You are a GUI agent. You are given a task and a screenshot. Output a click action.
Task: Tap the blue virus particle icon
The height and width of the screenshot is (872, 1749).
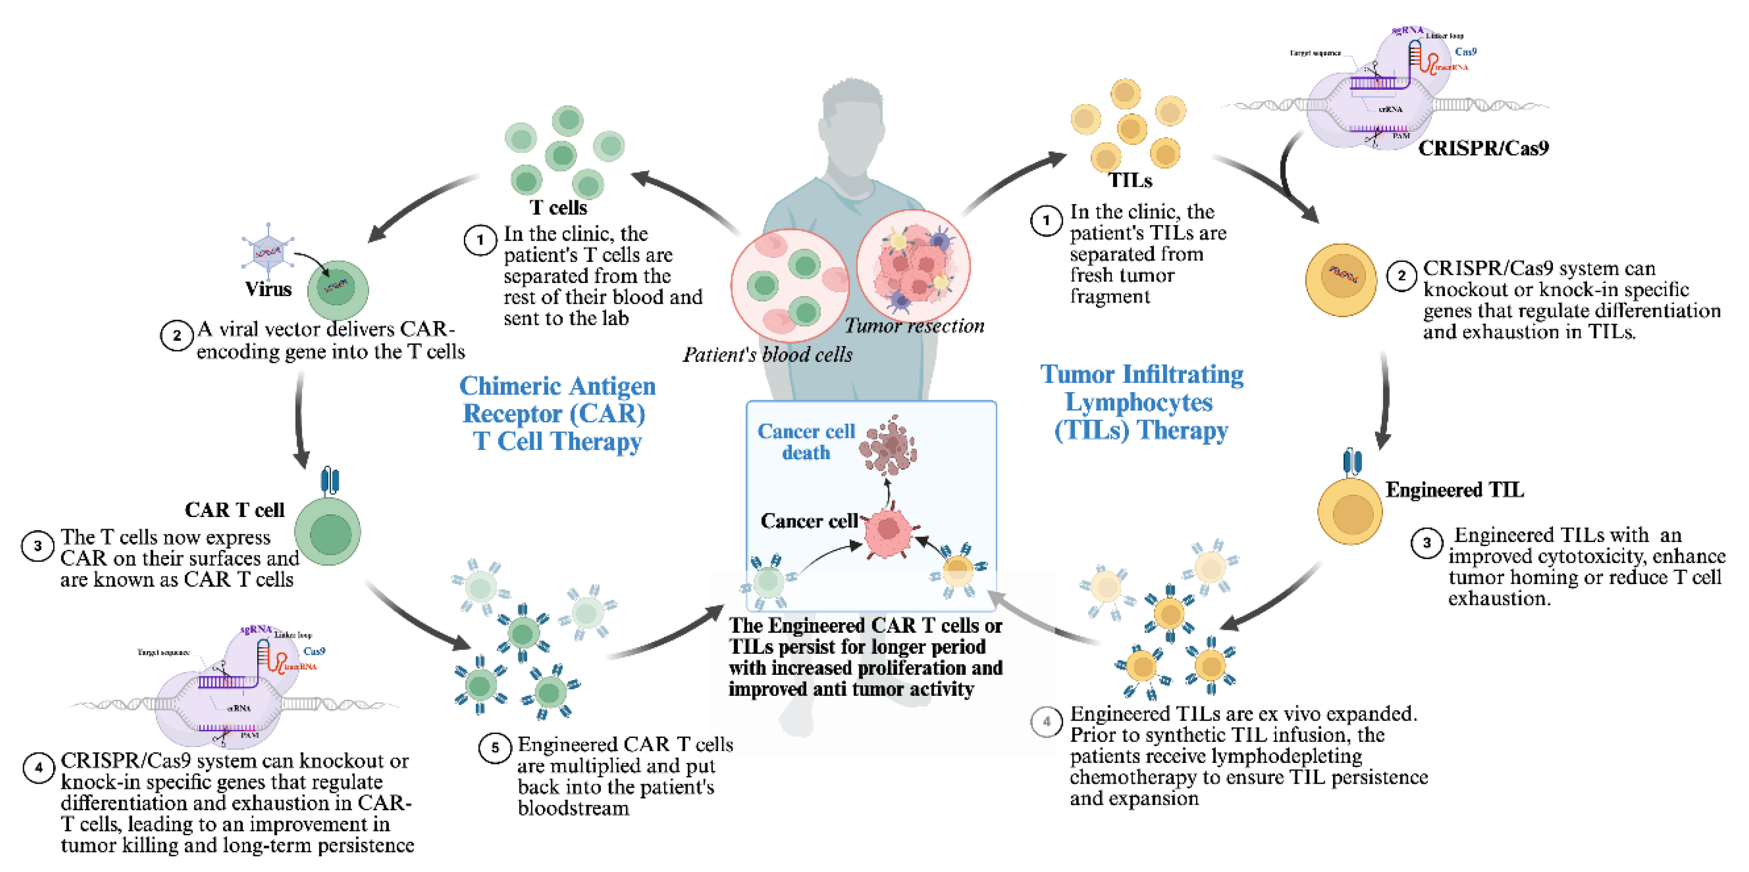click(x=268, y=252)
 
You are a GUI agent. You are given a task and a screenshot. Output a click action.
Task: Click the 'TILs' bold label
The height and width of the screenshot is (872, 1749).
click(x=1130, y=180)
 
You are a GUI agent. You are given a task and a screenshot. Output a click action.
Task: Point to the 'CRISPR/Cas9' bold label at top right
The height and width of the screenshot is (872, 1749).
click(x=1484, y=148)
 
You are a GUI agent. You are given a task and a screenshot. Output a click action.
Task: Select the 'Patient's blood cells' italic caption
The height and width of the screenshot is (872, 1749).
click(x=767, y=354)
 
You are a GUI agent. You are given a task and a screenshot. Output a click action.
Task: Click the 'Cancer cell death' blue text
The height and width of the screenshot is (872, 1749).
click(x=806, y=442)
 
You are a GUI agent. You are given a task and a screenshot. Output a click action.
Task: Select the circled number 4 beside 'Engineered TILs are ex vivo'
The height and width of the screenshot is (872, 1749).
click(x=1046, y=722)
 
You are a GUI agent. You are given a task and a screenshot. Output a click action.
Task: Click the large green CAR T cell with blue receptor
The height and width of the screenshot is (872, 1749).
click(x=329, y=531)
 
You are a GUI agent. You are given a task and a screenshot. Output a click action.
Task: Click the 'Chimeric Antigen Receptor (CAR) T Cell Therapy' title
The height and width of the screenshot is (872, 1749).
click(x=557, y=413)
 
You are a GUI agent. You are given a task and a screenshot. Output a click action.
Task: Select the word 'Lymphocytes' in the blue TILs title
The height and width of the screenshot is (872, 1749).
click(x=1138, y=402)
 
